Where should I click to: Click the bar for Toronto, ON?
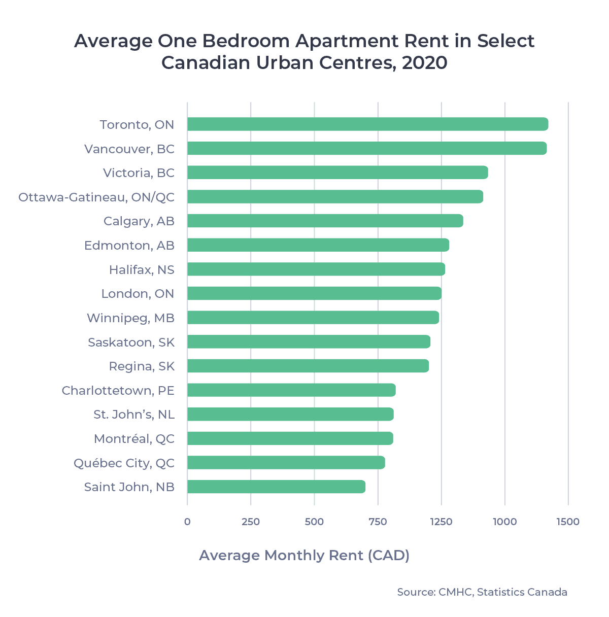pyautogui.click(x=367, y=124)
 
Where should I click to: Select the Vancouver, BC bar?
pyautogui.click(x=366, y=149)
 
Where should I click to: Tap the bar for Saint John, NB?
pyautogui.click(x=276, y=487)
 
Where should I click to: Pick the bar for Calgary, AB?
pyautogui.click(x=325, y=221)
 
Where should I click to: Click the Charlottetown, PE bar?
pyautogui.click(x=291, y=390)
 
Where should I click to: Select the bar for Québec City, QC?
pyautogui.click(x=286, y=463)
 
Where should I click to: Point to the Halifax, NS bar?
pyautogui.click(x=316, y=269)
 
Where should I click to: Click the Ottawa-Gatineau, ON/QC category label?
pyautogui.click(x=96, y=197)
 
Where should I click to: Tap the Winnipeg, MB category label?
pyautogui.click(x=130, y=318)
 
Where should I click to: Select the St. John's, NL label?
pyautogui.click(x=134, y=415)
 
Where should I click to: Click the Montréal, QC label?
pyautogui.click(x=134, y=439)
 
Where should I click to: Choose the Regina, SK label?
pyautogui.click(x=142, y=366)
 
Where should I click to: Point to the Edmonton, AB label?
pyautogui.click(x=129, y=246)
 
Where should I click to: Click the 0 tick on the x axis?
pyautogui.click(x=187, y=522)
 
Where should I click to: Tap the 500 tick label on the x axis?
pyautogui.click(x=314, y=522)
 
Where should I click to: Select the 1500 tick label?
pyautogui.click(x=567, y=522)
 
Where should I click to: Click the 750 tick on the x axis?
pyautogui.click(x=378, y=522)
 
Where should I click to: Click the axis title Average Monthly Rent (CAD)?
pyautogui.click(x=304, y=555)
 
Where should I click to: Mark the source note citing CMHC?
pyautogui.click(x=482, y=592)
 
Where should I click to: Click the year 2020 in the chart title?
pyautogui.click(x=424, y=63)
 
